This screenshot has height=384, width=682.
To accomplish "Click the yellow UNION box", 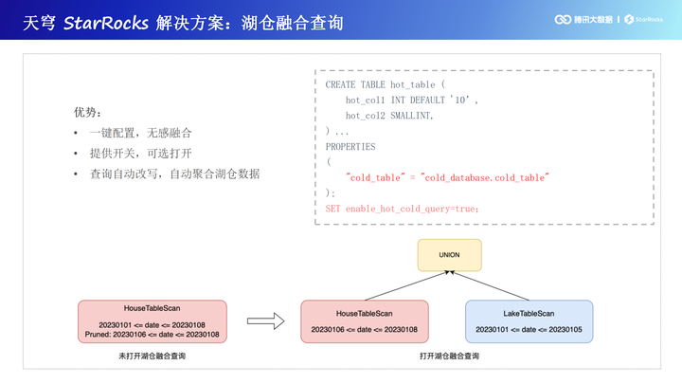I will (x=449, y=256).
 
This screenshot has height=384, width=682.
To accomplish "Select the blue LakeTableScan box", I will (x=529, y=320).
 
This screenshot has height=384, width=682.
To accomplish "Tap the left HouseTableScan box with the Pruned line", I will (x=153, y=320).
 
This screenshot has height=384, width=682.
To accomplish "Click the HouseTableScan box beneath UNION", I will (x=364, y=320).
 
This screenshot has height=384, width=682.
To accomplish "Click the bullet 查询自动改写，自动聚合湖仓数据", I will (x=174, y=174).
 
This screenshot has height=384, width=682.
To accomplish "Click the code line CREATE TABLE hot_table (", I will (x=385, y=84).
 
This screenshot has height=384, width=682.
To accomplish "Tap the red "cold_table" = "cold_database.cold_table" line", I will (x=447, y=177).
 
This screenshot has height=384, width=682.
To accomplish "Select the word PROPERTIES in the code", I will (x=350, y=147).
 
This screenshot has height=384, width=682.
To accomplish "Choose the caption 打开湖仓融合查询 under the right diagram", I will (x=449, y=357).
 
